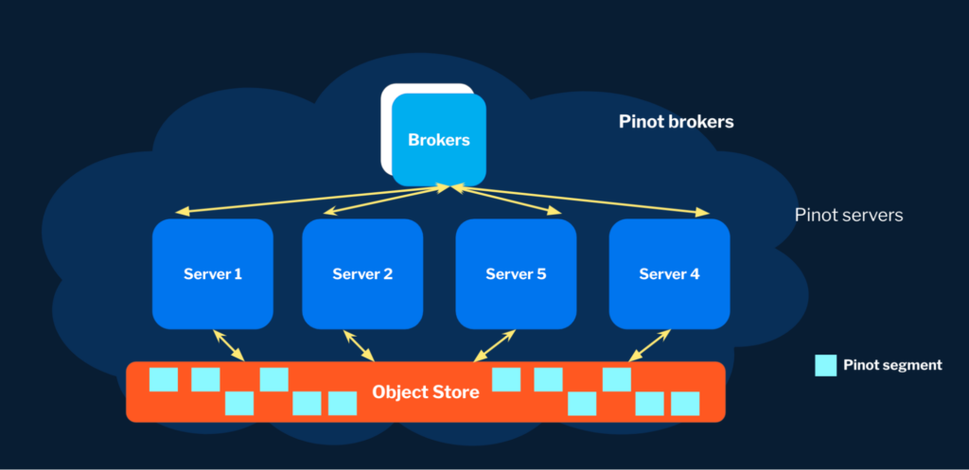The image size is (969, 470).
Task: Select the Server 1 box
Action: [x=212, y=274]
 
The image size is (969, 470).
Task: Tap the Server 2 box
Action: [x=362, y=274]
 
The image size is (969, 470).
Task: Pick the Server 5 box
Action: [x=516, y=274]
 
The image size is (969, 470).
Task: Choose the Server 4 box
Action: [x=669, y=274]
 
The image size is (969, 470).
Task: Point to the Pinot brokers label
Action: [x=676, y=122]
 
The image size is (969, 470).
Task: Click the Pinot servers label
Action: [x=849, y=216]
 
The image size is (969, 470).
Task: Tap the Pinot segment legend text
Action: [x=892, y=365]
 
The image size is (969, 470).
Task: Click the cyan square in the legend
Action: [x=826, y=365]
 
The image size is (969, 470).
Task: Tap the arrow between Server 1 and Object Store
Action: [x=229, y=344]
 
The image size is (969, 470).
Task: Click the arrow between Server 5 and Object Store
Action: [x=495, y=344]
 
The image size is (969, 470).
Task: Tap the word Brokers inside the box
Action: [x=439, y=140]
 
